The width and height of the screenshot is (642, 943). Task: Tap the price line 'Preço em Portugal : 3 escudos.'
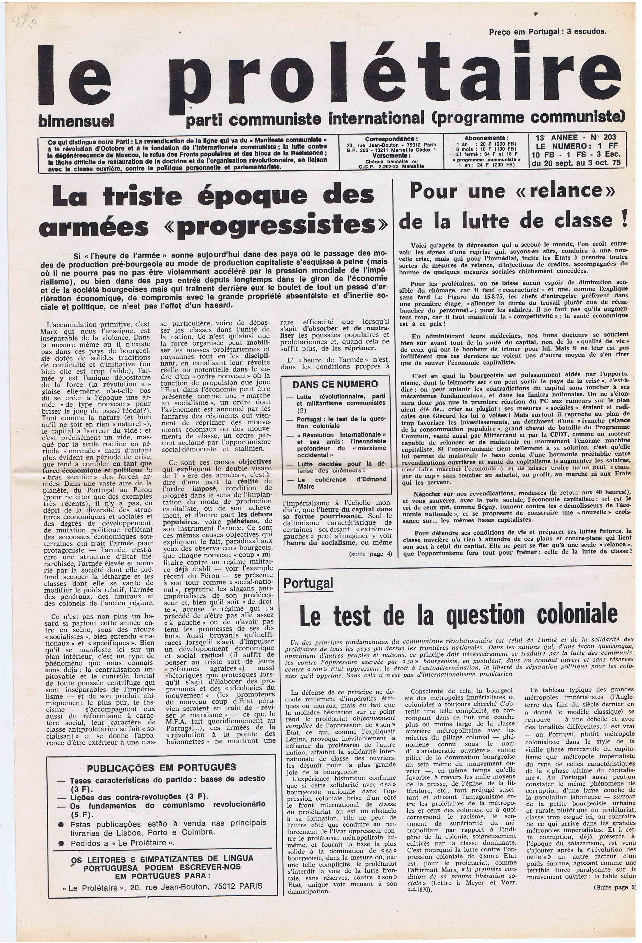click(548, 32)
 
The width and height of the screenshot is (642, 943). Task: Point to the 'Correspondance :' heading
click(391, 139)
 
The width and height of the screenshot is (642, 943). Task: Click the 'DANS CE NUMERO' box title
click(335, 384)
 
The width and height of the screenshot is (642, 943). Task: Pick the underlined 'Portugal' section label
click(308, 583)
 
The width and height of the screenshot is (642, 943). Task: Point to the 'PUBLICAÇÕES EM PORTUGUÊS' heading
click(161, 768)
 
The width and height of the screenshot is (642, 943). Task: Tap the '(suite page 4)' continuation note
click(370, 554)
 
